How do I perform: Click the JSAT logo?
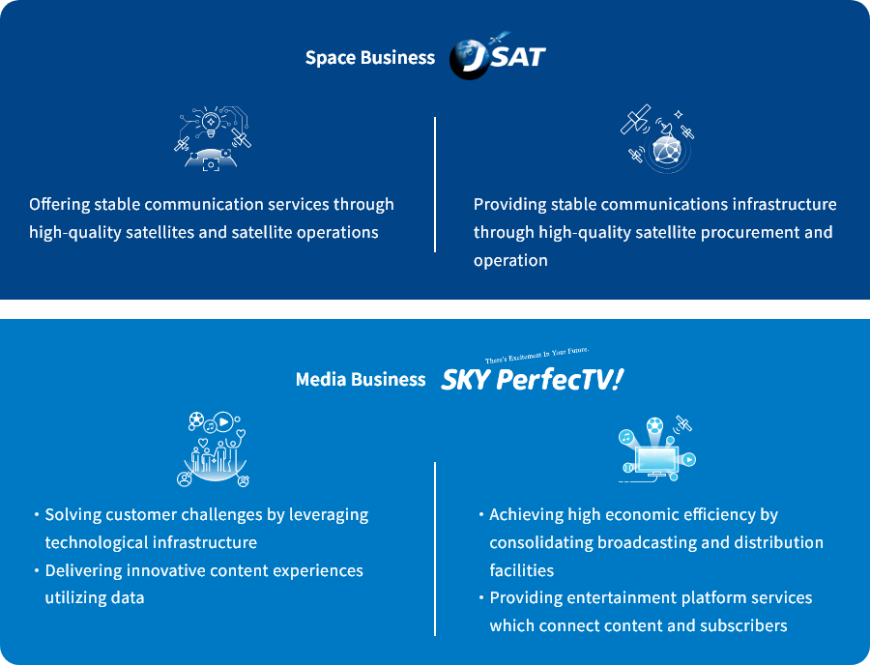pos(498,56)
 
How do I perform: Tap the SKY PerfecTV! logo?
pos(532,380)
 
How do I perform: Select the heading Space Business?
pos(370,58)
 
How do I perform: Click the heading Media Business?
pos(361,379)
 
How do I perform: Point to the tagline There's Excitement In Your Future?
pos(537,355)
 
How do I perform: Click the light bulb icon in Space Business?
pos(211,123)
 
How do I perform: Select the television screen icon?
pos(657,460)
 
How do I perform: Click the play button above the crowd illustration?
pos(223,422)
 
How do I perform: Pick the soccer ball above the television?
pos(654,426)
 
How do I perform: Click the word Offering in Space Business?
pos(59,205)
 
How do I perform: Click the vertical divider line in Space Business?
pos(435,185)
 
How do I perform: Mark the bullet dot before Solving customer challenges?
pos(37,514)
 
